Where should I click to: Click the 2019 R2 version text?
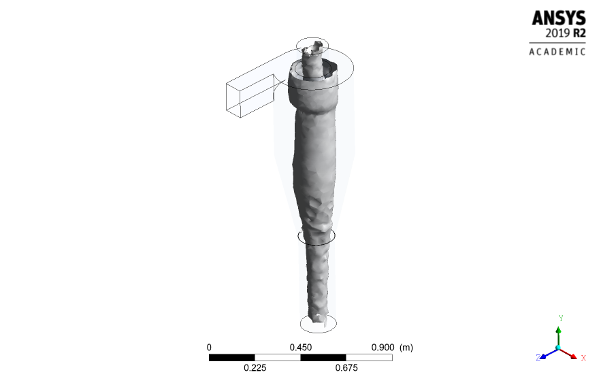[x=565, y=33]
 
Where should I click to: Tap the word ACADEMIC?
[x=557, y=52]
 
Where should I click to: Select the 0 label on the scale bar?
[x=209, y=347]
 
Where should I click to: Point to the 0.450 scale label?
[x=301, y=347]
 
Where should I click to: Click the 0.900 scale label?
[x=382, y=347]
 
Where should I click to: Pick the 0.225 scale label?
[x=255, y=368]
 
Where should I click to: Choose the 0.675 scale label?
[x=346, y=368]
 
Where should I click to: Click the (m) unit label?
[x=406, y=347]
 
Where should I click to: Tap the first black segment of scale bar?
[x=231, y=357]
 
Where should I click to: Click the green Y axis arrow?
[x=558, y=335]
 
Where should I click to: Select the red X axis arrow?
[x=570, y=354]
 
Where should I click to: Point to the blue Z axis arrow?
[x=547, y=353]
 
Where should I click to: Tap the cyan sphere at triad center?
[x=558, y=348]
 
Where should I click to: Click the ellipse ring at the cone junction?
[x=316, y=237]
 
